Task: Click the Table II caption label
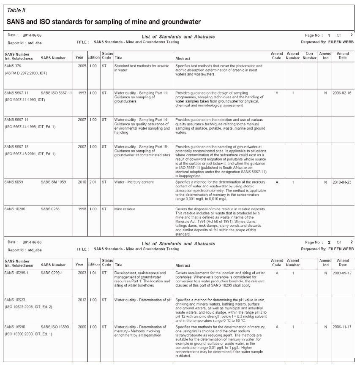(16, 10)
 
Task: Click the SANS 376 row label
(14, 66)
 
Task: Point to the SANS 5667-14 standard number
(16, 120)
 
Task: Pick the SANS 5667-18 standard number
(16, 146)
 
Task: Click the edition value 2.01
(93, 182)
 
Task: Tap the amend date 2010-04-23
(343, 182)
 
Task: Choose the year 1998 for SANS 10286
(80, 208)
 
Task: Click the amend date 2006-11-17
(343, 327)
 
